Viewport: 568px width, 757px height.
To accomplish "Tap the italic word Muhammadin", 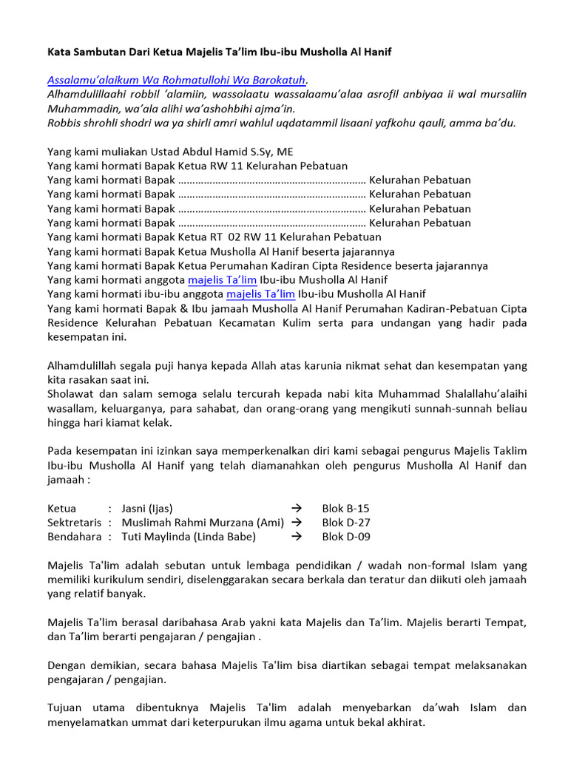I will (x=83, y=109).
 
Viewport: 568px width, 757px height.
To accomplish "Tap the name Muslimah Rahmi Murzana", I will (x=189, y=523).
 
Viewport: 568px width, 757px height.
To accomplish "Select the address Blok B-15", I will (x=345, y=509).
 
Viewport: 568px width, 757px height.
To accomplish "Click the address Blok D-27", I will (x=346, y=523).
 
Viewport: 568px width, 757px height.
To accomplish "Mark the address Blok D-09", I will (x=346, y=537).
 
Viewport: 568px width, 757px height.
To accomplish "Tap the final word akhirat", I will (x=404, y=722).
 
